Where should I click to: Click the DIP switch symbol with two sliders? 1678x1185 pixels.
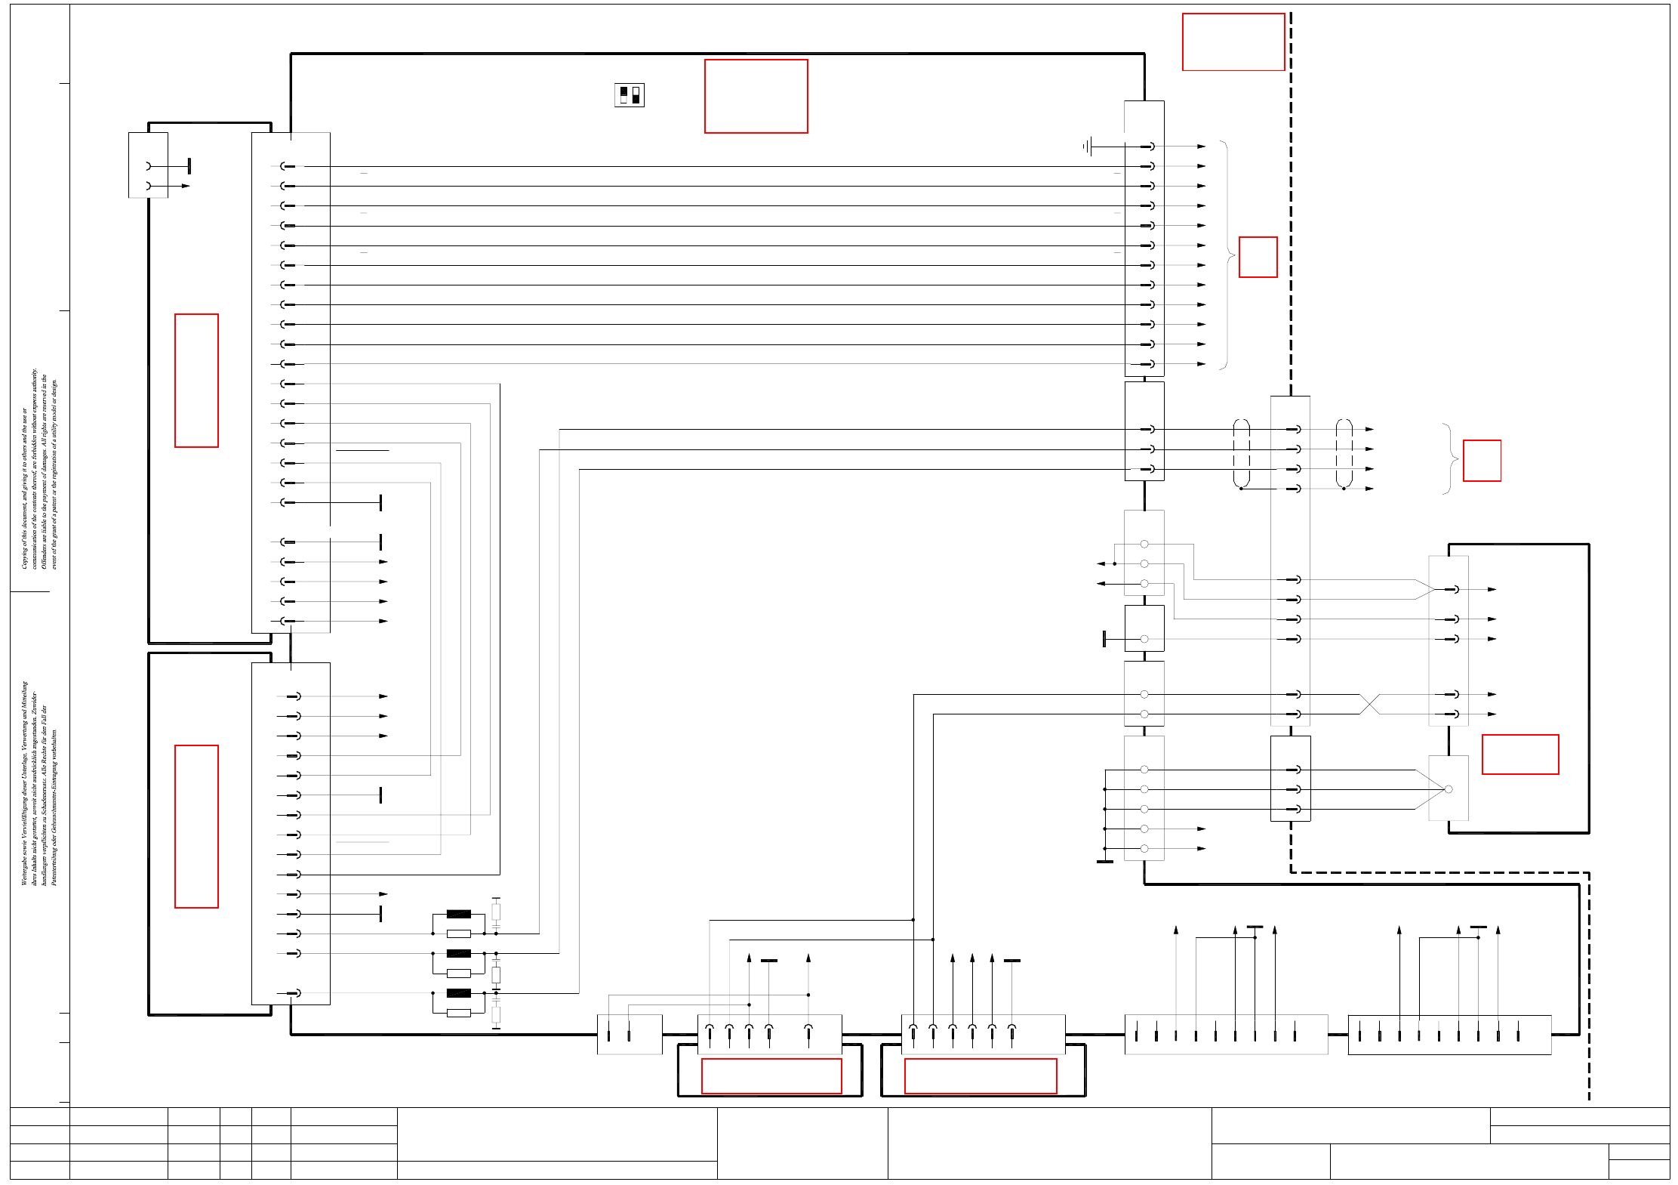pyautogui.click(x=629, y=95)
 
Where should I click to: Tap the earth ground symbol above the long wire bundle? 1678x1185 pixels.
pyautogui.click(x=1087, y=147)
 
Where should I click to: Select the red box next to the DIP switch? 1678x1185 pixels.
pyautogui.click(x=756, y=97)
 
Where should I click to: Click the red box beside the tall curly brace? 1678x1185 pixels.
pyautogui.click(x=1258, y=258)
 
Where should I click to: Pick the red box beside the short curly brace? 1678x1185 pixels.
pyautogui.click(x=1482, y=461)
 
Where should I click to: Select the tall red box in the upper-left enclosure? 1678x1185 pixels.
pyautogui.click(x=196, y=381)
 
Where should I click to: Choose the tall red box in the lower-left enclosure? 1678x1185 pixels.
pyautogui.click(x=196, y=826)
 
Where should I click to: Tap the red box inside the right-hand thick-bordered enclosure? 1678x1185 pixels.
pyautogui.click(x=1519, y=755)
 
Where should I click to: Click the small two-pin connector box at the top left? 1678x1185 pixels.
pyautogui.click(x=148, y=165)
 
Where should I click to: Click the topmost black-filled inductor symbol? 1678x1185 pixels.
pyautogui.click(x=458, y=914)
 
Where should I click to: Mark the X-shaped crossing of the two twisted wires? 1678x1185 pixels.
pyautogui.click(x=1369, y=704)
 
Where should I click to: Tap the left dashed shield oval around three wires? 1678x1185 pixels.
pyautogui.click(x=1241, y=453)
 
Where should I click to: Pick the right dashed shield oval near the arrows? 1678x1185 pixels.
pyautogui.click(x=1344, y=453)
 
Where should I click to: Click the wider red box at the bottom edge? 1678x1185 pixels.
pyautogui.click(x=980, y=1076)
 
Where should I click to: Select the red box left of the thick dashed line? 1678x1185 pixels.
pyautogui.click(x=1233, y=42)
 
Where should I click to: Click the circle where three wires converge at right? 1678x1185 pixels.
pyautogui.click(x=1448, y=789)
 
